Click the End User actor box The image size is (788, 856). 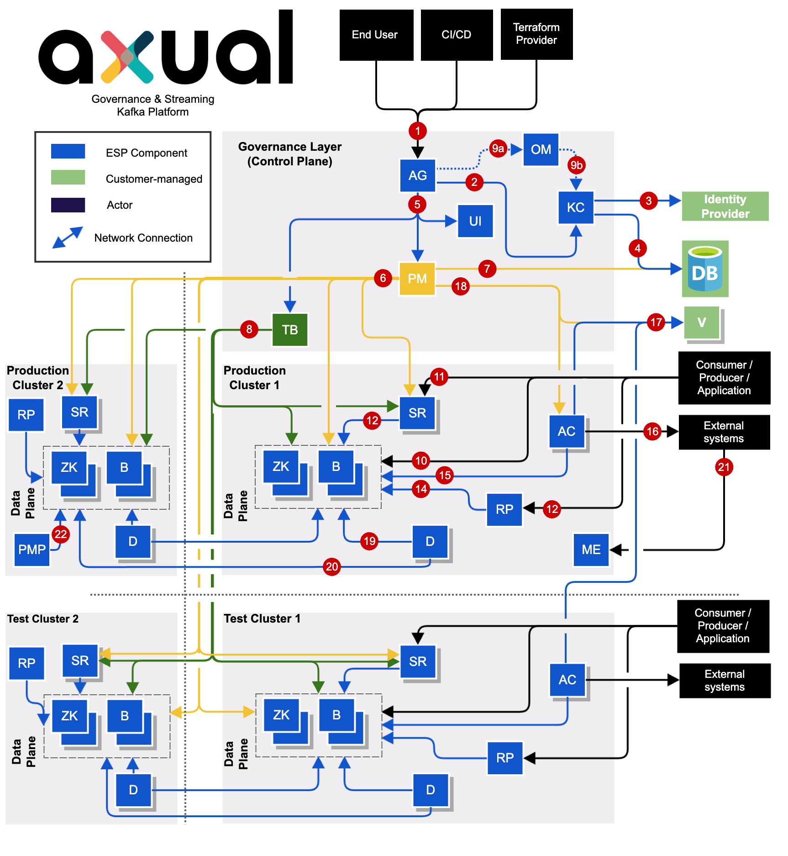376,35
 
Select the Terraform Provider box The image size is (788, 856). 536,34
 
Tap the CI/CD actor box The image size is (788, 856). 457,35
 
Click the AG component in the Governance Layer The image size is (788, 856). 417,175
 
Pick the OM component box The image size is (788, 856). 541,149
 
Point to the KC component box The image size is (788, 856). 576,207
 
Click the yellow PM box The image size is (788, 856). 417,279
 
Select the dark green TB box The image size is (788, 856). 290,329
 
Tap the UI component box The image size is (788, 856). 475,221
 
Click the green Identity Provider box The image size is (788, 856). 725,206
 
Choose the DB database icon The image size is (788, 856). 705,269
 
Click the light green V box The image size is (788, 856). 702,322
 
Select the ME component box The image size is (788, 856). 591,550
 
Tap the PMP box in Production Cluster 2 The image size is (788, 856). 32,550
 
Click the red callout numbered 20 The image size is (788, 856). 332,567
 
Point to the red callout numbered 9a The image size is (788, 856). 498,148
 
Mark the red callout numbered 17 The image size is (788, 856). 656,322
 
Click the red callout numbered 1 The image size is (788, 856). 417,131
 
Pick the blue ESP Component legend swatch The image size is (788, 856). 68,151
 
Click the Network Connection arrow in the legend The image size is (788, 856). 68,237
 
